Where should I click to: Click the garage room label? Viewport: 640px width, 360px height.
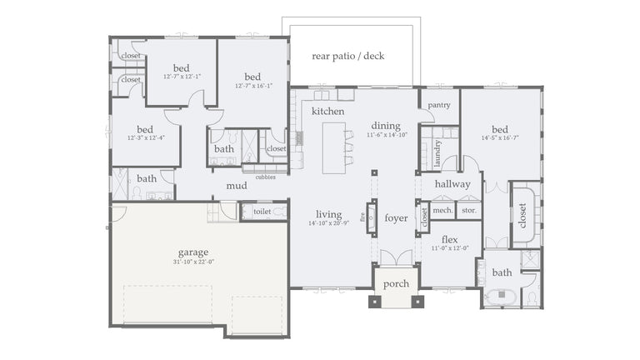pyautogui.click(x=192, y=252)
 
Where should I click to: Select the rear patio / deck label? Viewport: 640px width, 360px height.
pyautogui.click(x=347, y=56)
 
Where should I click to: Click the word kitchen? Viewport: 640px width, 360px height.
pyautogui.click(x=328, y=111)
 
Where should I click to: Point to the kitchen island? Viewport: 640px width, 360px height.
pyautogui.click(x=334, y=147)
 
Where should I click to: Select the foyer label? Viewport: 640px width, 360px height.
pyautogui.click(x=396, y=218)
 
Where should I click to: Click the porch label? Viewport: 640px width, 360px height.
pyautogui.click(x=396, y=283)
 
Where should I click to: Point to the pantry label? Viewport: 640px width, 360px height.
pyautogui.click(x=439, y=105)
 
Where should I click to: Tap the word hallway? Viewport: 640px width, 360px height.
pyautogui.click(x=452, y=183)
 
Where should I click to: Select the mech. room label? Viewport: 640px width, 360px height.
pyautogui.click(x=442, y=211)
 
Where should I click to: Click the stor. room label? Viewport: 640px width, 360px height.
pyautogui.click(x=468, y=211)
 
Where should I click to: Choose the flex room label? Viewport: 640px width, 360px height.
pyautogui.click(x=449, y=239)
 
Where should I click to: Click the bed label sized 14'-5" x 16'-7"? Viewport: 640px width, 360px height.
pyautogui.click(x=500, y=129)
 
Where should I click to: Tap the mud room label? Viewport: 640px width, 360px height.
pyautogui.click(x=237, y=186)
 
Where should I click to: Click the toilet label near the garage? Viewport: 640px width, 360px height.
pyautogui.click(x=262, y=212)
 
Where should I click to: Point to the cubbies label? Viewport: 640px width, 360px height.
pyautogui.click(x=265, y=177)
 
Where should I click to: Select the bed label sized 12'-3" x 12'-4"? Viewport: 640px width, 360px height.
pyautogui.click(x=145, y=129)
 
